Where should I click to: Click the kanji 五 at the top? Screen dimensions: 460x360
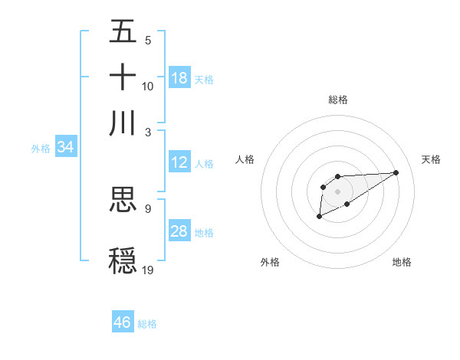[123, 31]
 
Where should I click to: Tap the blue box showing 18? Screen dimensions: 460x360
[179, 77]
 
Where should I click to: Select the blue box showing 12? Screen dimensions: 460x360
[179, 162]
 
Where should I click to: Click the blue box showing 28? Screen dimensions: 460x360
[179, 231]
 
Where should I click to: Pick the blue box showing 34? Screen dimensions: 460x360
[65, 147]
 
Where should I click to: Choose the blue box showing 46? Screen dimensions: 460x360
[123, 322]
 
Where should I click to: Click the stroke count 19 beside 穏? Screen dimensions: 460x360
[149, 270]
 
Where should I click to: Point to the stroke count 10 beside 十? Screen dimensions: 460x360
[148, 86]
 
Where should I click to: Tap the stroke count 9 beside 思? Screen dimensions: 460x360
[148, 208]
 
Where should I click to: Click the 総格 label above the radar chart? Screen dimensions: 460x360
[337, 100]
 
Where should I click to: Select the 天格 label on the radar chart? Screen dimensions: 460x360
[432, 159]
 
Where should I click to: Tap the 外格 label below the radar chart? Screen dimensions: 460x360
[270, 262]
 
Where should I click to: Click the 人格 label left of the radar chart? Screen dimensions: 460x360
[245, 159]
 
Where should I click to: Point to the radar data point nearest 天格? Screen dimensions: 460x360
[396, 172]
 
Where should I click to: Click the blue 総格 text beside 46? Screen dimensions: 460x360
[147, 324]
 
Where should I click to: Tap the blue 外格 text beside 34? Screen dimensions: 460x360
[41, 149]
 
